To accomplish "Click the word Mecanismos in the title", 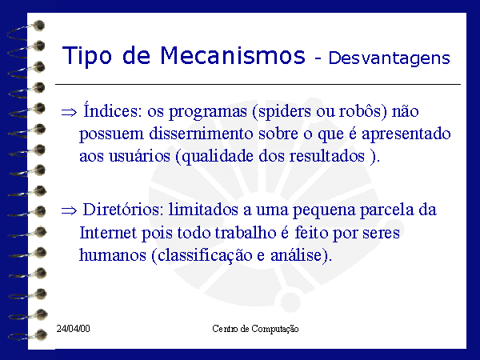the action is tap(233, 55).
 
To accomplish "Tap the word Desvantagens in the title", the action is tap(389, 58).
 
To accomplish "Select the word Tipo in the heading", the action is tap(87, 56).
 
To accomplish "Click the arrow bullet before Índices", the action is tap(69, 112).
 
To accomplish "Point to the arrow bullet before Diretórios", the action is tap(69, 210).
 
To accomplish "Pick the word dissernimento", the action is tap(201, 134).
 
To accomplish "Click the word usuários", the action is tap(139, 155).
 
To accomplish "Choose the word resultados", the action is tap(327, 155).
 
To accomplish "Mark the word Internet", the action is tap(108, 233).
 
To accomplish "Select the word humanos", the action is tap(113, 255).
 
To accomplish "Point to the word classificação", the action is tap(205, 256).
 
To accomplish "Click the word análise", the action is tap(296, 254).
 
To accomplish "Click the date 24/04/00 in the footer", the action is tap(73, 329).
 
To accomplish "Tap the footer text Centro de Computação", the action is tap(255, 329).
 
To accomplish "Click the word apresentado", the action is tap(406, 134).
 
